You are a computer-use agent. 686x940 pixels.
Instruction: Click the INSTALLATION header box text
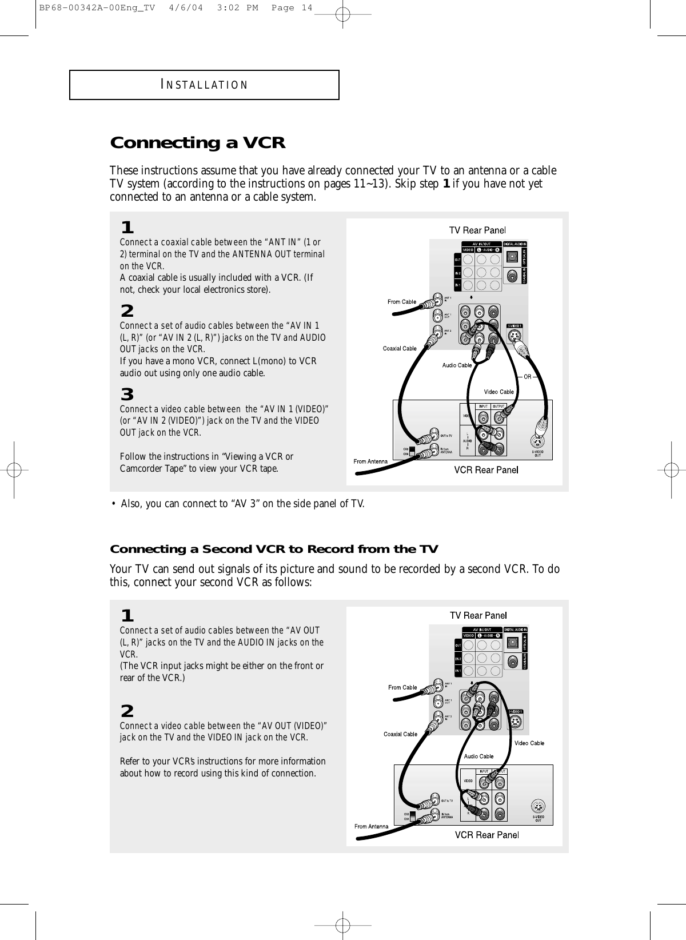pyautogui.click(x=205, y=85)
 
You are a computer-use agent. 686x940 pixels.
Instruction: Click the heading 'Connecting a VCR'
pyautogui.click(x=197, y=142)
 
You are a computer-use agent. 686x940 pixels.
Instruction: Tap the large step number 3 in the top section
pyautogui.click(x=127, y=395)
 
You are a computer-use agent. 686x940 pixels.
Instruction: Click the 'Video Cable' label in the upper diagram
pyautogui.click(x=499, y=392)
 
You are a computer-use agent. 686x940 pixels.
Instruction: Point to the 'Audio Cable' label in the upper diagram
pyautogui.click(x=457, y=365)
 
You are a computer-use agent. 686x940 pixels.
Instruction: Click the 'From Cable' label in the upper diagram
pyautogui.click(x=402, y=302)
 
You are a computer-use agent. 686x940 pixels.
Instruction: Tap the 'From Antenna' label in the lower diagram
pyautogui.click(x=371, y=826)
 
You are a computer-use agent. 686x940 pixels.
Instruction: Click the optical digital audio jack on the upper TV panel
pyautogui.click(x=512, y=256)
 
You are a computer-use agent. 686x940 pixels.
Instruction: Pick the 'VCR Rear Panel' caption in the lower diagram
pyautogui.click(x=486, y=835)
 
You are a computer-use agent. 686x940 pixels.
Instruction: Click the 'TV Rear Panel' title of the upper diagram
pyautogui.click(x=477, y=230)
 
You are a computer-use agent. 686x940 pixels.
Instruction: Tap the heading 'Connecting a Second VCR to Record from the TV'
pyautogui.click(x=274, y=549)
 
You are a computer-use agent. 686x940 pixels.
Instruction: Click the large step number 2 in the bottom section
pyautogui.click(x=127, y=711)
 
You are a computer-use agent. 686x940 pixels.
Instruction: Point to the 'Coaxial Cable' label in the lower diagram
pyautogui.click(x=400, y=734)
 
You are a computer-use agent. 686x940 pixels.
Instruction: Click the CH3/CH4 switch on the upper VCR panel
pyautogui.click(x=412, y=451)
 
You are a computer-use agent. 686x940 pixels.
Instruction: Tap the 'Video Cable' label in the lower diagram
pyautogui.click(x=529, y=743)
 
